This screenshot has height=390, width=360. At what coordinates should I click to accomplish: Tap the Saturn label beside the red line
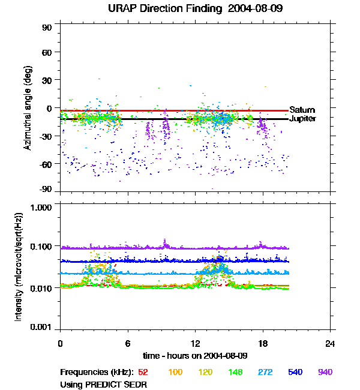tap(302, 110)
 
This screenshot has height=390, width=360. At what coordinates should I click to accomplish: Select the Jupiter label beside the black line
tap(302, 119)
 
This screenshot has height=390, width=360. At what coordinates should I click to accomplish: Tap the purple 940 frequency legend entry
tap(325, 373)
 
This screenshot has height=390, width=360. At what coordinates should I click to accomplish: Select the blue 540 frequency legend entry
tap(295, 373)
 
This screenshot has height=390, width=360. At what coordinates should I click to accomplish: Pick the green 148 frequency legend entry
tap(235, 373)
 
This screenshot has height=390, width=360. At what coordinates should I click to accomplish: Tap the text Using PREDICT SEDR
tap(104, 383)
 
